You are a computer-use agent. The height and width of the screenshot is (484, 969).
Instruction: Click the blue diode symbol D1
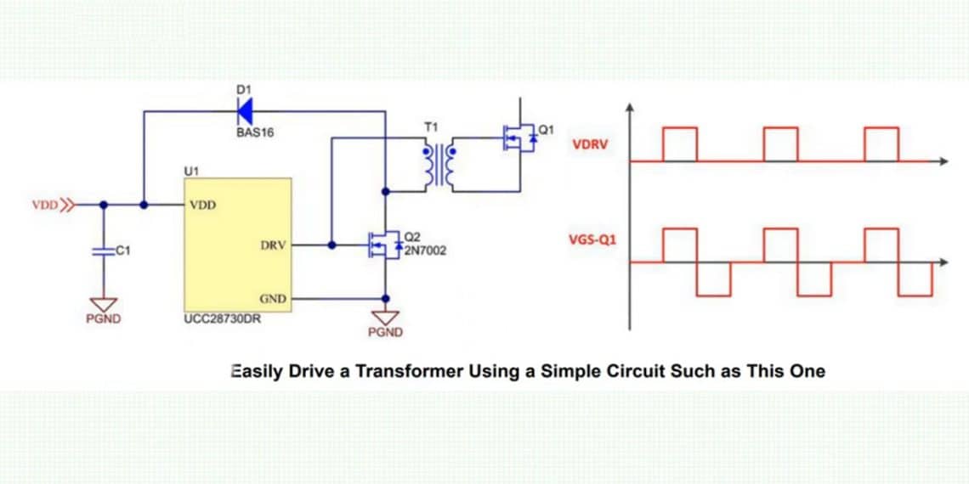(246, 110)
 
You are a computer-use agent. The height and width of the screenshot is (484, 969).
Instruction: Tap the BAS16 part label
(255, 132)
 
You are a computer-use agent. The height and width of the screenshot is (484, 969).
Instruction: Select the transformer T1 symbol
(439, 165)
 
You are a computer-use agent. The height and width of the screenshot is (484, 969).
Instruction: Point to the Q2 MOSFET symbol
(385, 245)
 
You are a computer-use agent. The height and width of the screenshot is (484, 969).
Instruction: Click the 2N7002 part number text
(426, 250)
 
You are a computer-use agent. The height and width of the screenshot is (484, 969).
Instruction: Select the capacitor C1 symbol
(104, 251)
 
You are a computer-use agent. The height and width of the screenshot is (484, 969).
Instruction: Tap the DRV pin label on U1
(273, 245)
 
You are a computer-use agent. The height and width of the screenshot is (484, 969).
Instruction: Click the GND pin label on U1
(273, 299)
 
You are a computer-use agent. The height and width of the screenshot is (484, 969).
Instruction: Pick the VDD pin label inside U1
(203, 205)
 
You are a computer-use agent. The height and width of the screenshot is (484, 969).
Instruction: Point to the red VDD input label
(44, 205)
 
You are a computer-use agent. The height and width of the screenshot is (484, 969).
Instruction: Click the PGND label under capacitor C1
(104, 319)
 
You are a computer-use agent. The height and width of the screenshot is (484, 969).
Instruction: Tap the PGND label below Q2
(386, 332)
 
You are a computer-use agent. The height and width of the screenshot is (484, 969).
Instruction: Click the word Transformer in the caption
(412, 371)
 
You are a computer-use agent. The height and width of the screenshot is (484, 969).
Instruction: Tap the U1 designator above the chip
(191, 171)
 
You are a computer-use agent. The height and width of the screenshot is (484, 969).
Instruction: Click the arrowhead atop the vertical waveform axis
(629, 109)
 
